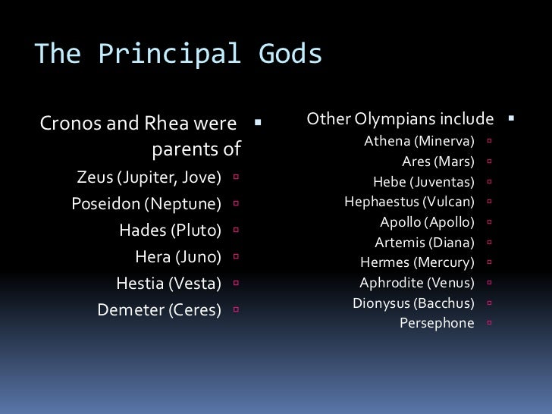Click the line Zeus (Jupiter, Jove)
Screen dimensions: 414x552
(x=149, y=178)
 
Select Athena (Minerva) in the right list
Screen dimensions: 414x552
(x=419, y=141)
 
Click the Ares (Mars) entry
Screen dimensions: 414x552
(x=438, y=161)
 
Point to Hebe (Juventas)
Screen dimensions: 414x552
(x=424, y=181)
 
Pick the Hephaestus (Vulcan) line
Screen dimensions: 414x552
(x=409, y=202)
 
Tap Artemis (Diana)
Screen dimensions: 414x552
(x=425, y=243)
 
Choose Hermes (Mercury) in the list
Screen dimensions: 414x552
(x=417, y=263)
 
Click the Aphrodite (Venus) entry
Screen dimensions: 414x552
(x=417, y=283)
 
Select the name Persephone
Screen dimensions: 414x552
(x=437, y=323)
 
